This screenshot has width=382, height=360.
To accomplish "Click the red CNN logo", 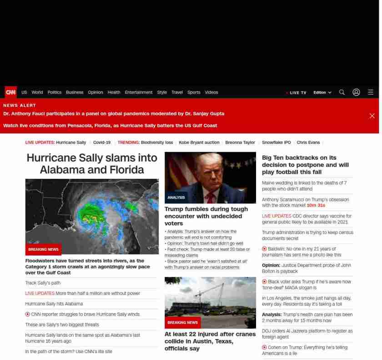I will click(10, 92).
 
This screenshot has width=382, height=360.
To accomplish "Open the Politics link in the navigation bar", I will click(54, 92).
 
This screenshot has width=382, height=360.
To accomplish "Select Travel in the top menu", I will click(177, 92).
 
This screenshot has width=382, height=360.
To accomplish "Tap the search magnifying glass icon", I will click(342, 92).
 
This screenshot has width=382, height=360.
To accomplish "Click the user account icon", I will click(356, 92).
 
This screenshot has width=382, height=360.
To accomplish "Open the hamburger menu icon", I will click(371, 92).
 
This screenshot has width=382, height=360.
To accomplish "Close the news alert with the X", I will click(372, 116).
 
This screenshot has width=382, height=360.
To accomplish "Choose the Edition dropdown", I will click(322, 92).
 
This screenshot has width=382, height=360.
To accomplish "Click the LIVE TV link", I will click(297, 93).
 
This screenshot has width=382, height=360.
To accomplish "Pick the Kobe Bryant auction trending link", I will click(199, 142).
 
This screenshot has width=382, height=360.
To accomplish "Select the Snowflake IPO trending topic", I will click(276, 142).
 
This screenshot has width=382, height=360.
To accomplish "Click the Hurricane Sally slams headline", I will click(92, 164).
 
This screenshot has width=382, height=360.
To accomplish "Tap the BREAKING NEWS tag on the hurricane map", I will click(43, 249).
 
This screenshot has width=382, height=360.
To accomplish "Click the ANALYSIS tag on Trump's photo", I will click(176, 198).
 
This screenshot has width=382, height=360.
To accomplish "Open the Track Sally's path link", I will click(43, 283).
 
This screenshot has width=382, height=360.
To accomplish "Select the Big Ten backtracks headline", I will click(305, 165).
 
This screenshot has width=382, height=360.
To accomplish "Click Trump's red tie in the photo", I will click(210, 198).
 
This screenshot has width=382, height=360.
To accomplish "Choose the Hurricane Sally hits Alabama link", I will click(54, 304).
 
